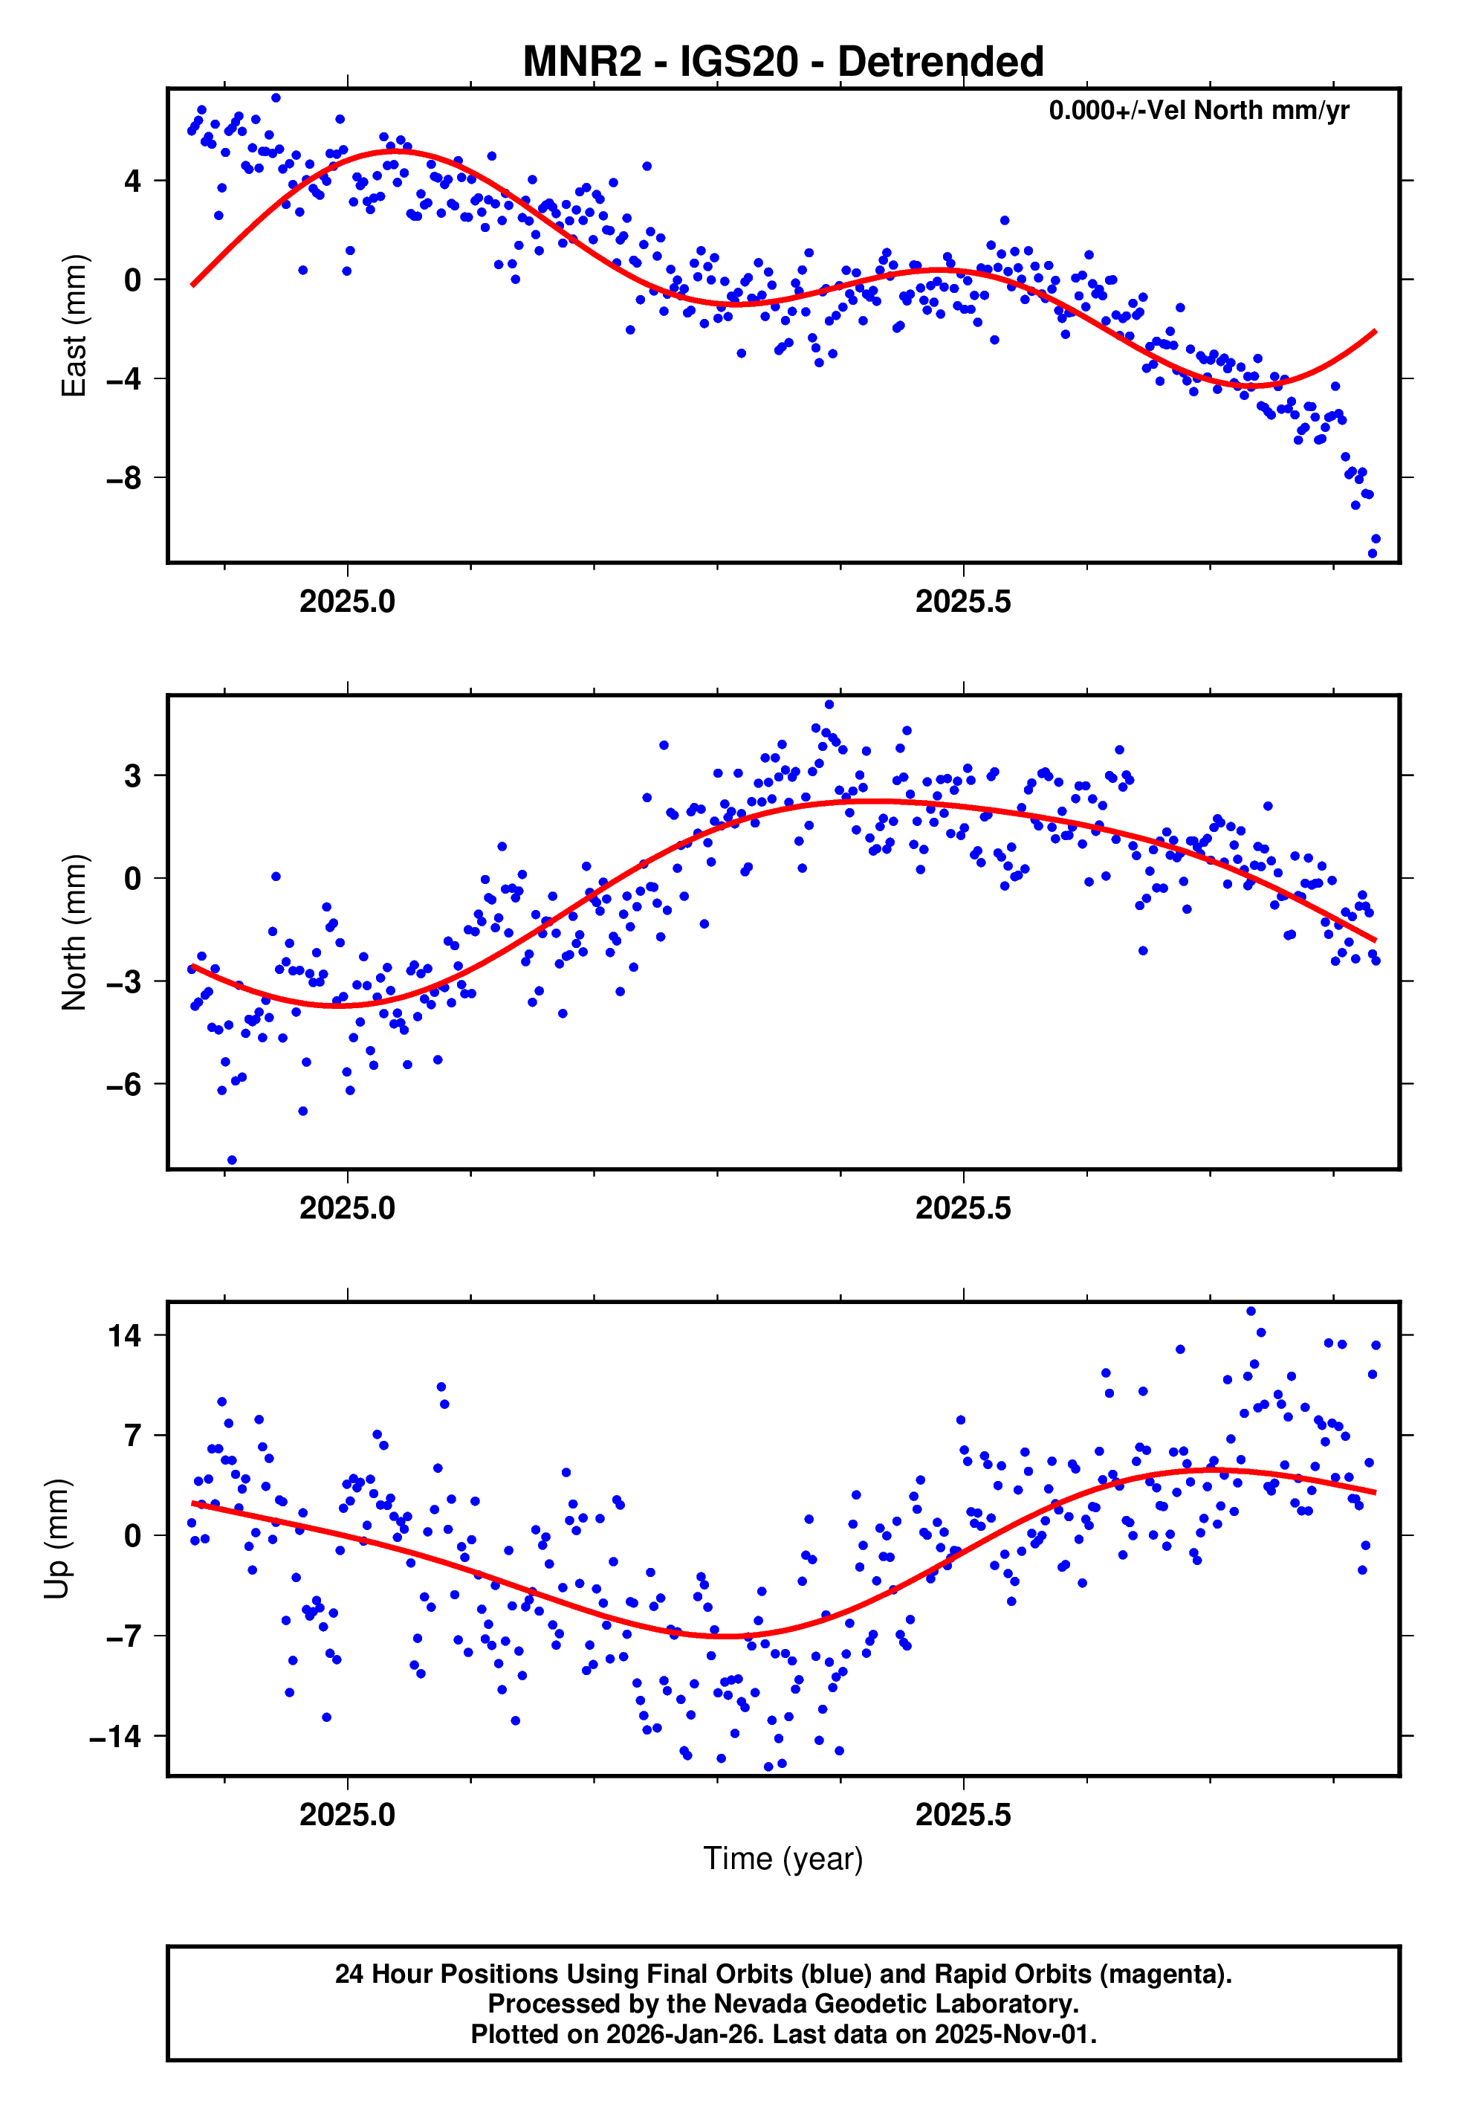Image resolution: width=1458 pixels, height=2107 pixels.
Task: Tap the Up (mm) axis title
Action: point(56,1539)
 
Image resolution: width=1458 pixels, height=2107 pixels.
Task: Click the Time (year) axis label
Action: point(783,1859)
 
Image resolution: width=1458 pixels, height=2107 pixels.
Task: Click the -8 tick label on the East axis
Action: point(123,478)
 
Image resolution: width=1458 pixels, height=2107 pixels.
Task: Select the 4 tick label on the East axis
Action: point(133,181)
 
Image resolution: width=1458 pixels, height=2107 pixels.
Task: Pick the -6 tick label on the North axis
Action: point(123,1085)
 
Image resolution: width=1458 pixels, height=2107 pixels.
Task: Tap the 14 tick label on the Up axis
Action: point(125,1336)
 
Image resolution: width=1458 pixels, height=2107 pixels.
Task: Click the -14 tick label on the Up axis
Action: point(115,1736)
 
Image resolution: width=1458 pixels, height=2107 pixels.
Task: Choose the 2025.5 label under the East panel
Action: point(963,602)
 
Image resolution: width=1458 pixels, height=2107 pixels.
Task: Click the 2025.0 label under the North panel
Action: point(347,1209)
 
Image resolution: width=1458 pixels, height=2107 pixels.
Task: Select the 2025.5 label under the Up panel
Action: point(963,1816)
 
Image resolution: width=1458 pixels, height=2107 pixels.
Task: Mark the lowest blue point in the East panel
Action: point(1371,553)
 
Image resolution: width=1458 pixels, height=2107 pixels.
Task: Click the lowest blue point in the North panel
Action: point(232,1161)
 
